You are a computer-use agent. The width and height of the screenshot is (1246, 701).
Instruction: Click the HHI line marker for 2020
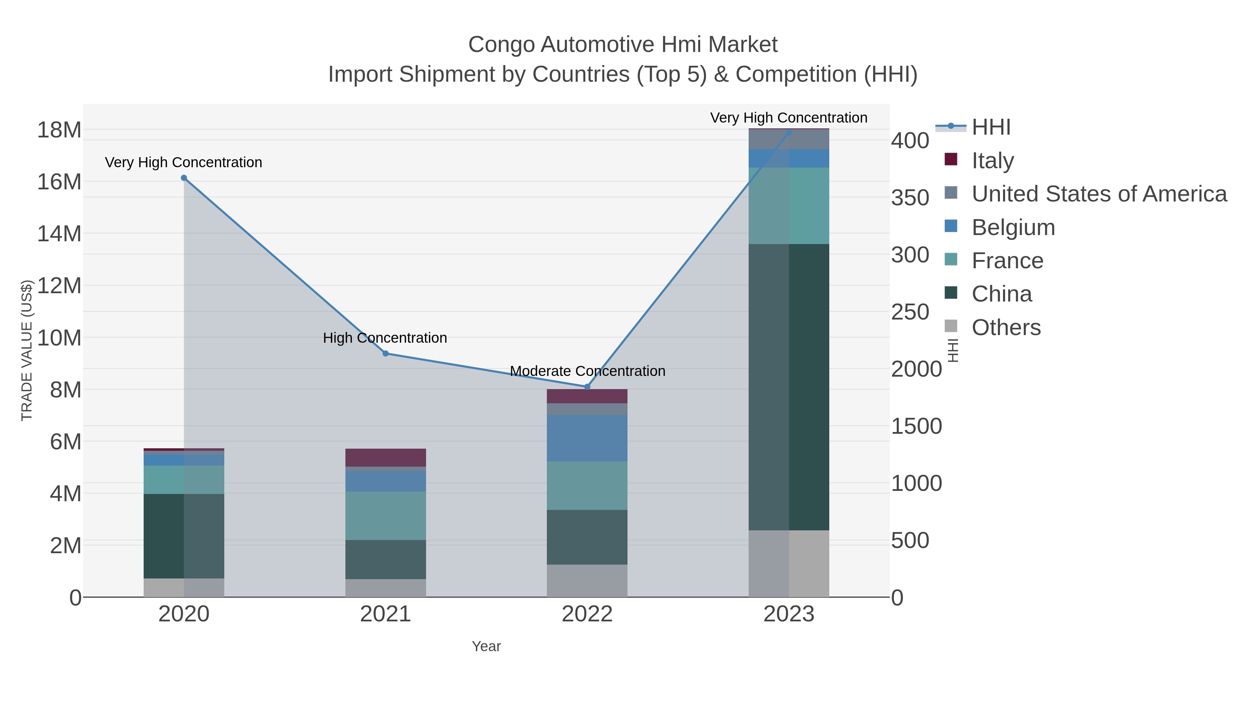coord(184,178)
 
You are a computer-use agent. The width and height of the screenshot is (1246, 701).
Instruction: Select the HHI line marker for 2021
coord(386,354)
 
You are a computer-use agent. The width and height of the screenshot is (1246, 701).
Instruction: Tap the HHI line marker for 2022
coord(587,387)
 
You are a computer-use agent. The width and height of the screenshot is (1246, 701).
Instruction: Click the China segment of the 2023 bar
coord(789,387)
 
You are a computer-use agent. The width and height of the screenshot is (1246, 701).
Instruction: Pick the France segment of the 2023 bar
coord(789,206)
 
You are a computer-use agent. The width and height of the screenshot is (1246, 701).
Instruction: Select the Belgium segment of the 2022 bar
coord(587,438)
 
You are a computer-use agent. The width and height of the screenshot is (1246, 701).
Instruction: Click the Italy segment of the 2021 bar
coord(386,458)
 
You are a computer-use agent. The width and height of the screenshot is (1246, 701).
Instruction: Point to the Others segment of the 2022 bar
coord(587,581)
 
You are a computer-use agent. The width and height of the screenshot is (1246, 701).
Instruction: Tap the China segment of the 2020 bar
coord(184,536)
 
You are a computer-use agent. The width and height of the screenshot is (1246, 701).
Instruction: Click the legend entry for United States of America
coord(1099,194)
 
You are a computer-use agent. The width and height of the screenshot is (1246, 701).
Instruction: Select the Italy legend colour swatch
coord(950,159)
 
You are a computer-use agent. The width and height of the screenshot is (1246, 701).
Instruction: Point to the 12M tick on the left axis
coord(59,286)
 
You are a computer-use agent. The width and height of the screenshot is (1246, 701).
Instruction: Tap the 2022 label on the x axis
coord(587,614)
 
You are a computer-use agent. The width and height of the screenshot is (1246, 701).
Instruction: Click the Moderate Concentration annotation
coord(587,371)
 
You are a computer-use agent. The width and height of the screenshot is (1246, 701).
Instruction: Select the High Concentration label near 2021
coord(385,338)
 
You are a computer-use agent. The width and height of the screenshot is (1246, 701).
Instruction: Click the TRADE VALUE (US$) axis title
coord(27,350)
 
